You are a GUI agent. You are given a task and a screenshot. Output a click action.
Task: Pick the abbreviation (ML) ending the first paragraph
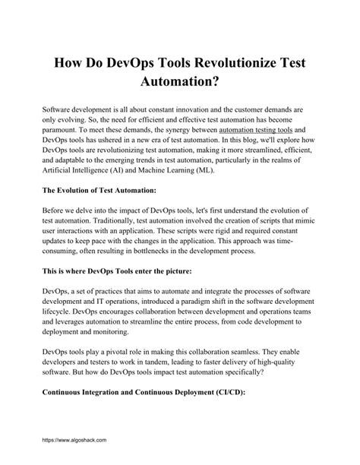click(x=226, y=172)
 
